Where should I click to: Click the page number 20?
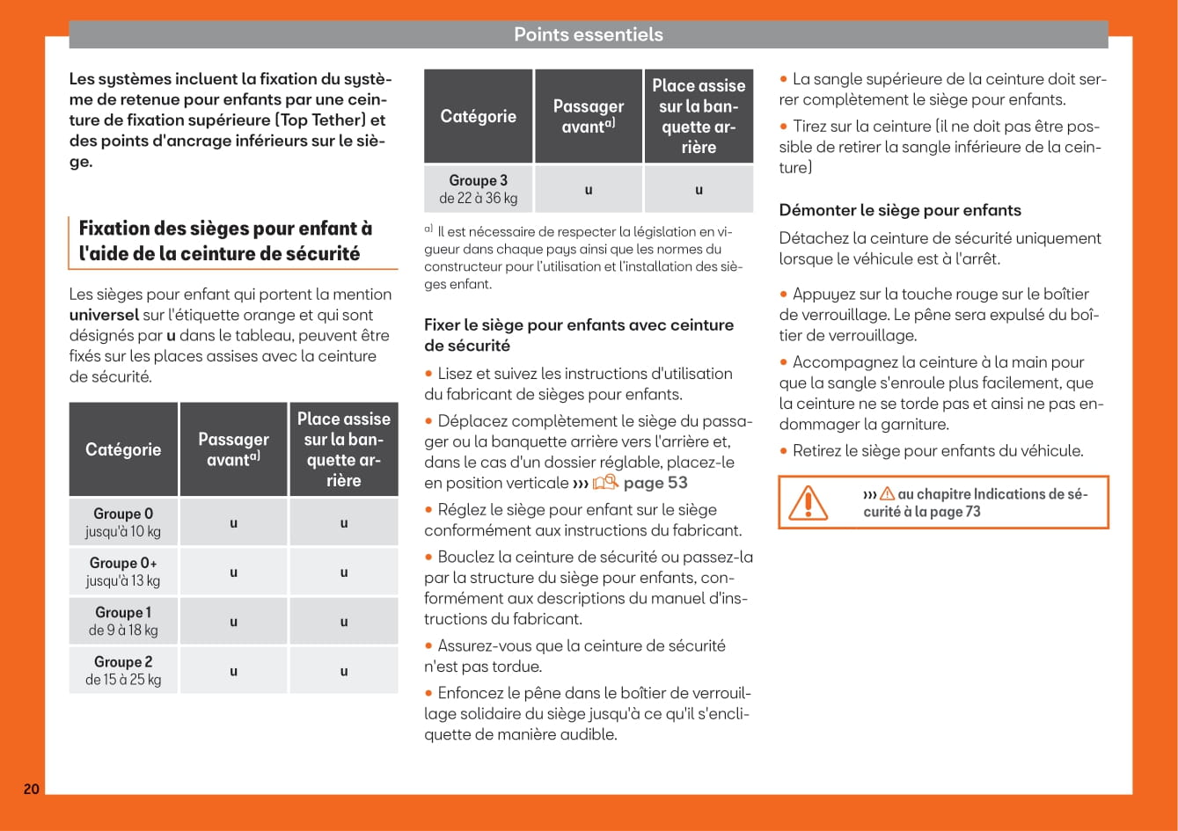(31, 789)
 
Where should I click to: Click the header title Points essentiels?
(588, 35)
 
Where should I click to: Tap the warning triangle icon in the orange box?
(807, 503)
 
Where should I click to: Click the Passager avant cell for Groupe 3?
(589, 189)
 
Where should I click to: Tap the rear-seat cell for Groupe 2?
(344, 671)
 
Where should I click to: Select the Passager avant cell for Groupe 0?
(233, 523)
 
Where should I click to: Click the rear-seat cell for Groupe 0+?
(344, 572)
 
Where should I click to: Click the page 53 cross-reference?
(655, 483)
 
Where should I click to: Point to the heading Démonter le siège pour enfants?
(900, 210)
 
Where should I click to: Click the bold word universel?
(104, 315)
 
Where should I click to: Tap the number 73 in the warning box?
(972, 512)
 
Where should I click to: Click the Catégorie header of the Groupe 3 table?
(479, 116)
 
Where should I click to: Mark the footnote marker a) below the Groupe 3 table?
(428, 230)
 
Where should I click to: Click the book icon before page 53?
(605, 483)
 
